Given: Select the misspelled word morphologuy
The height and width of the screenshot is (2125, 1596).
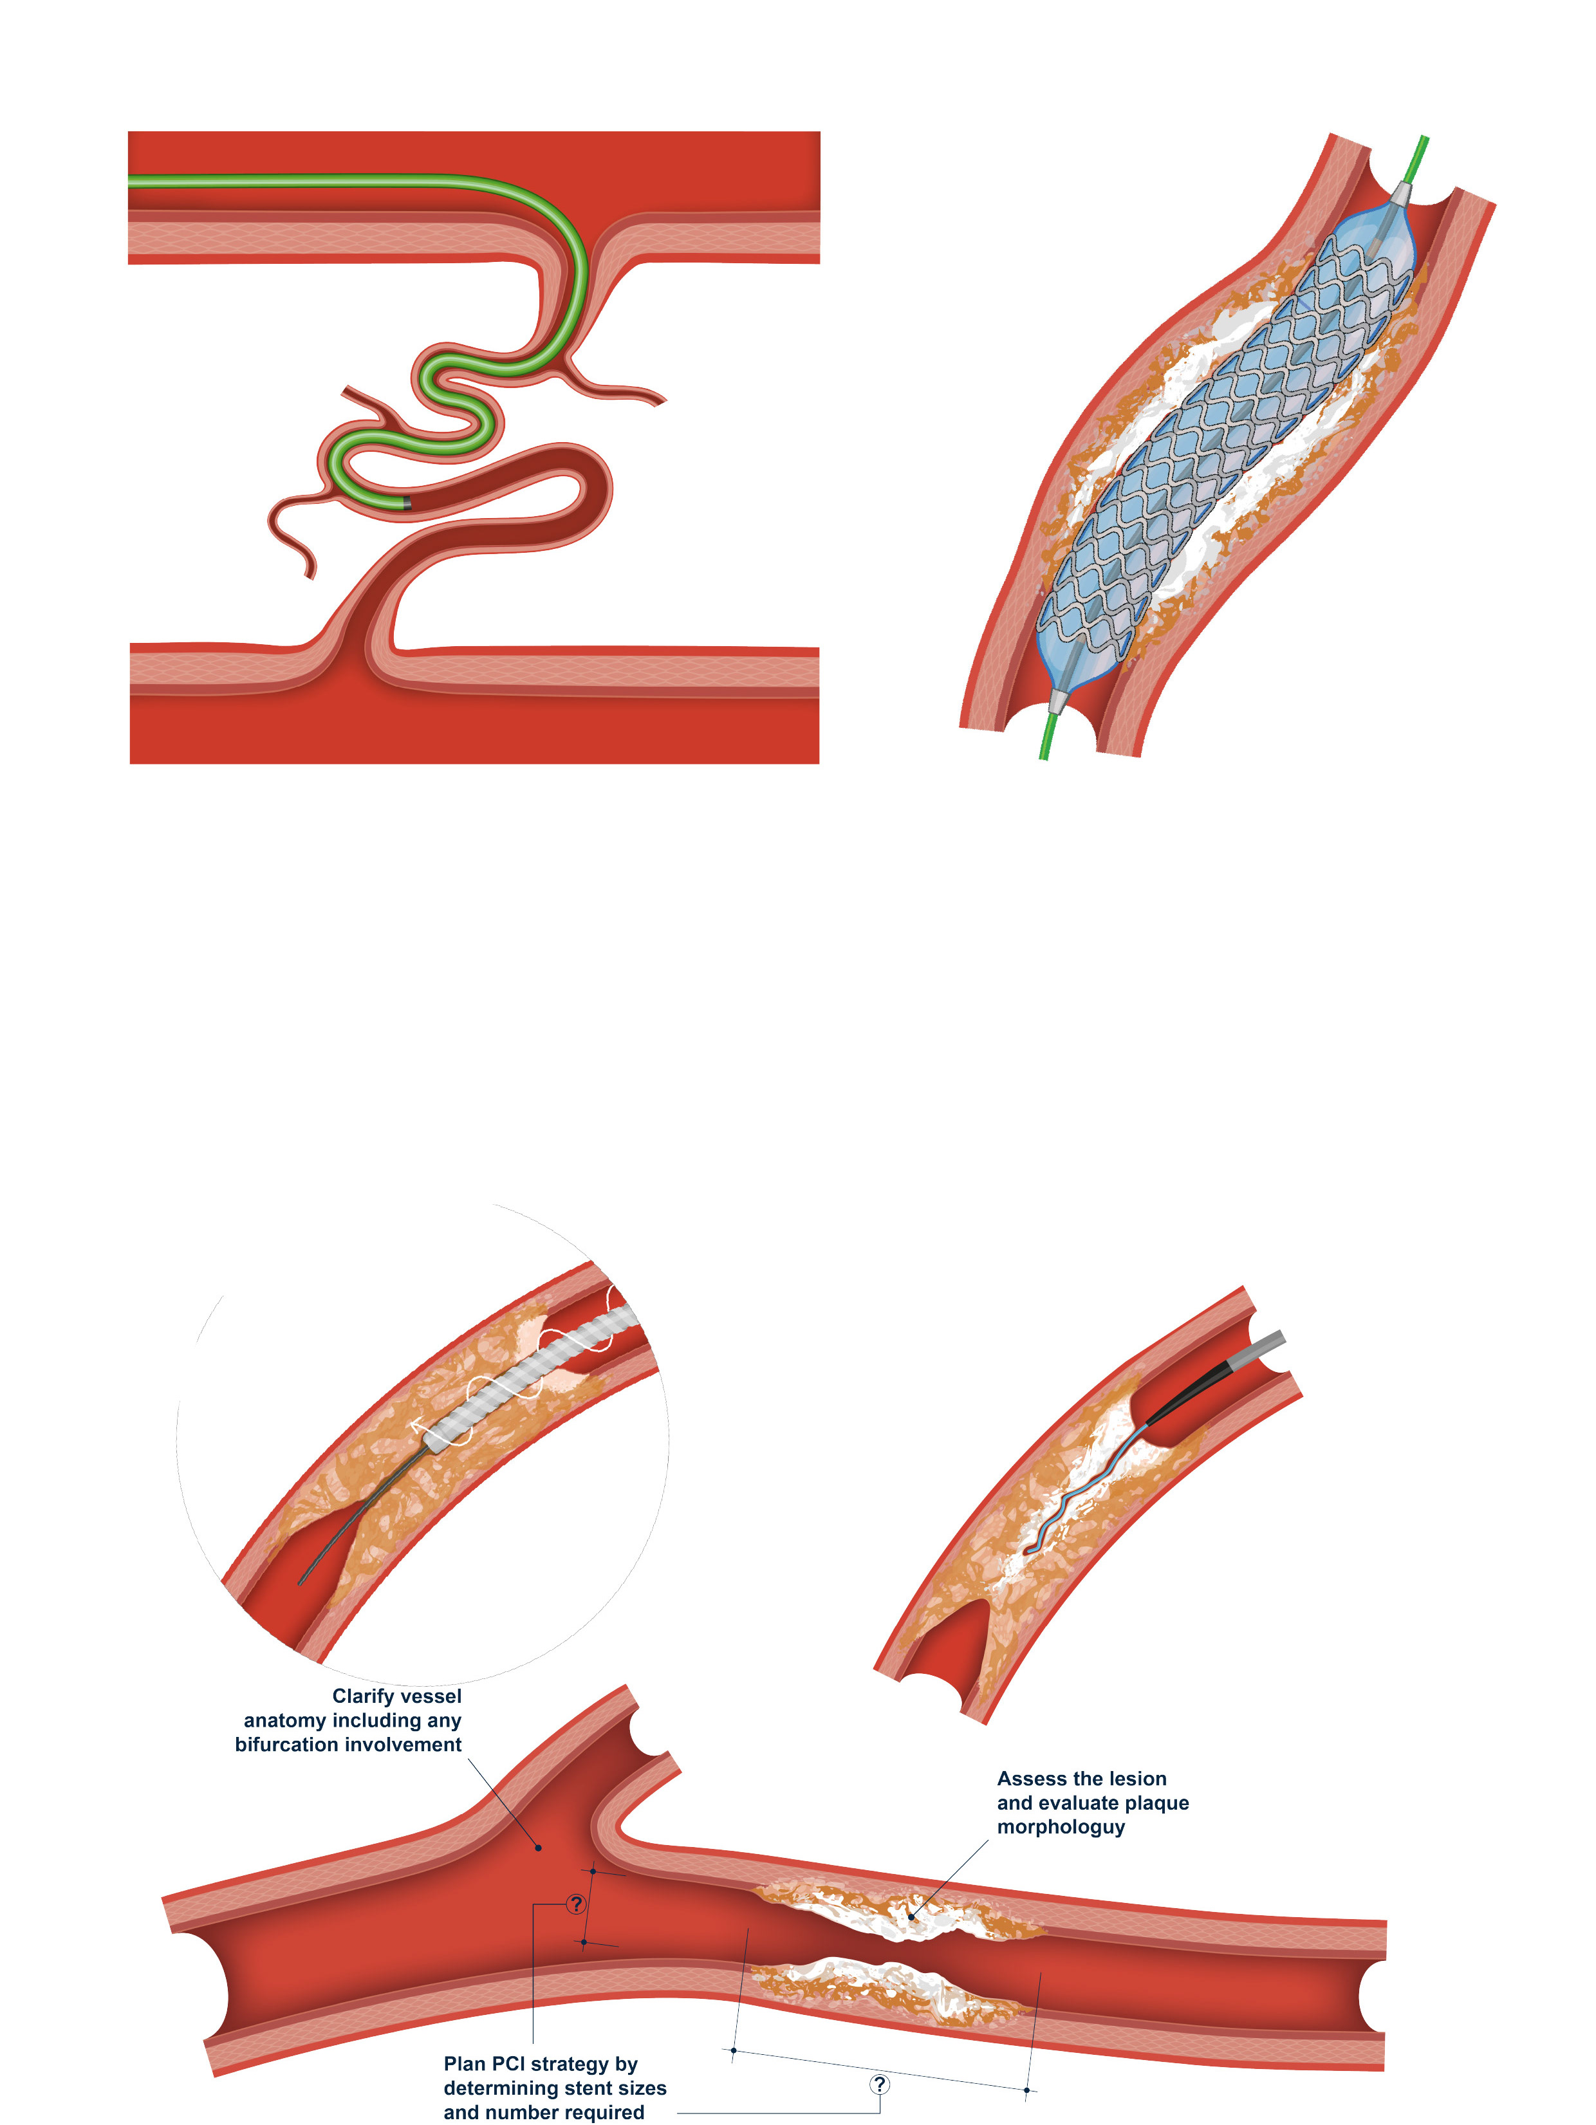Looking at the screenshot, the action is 1060,1826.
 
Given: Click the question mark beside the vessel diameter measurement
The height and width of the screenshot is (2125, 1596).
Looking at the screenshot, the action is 575,1903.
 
